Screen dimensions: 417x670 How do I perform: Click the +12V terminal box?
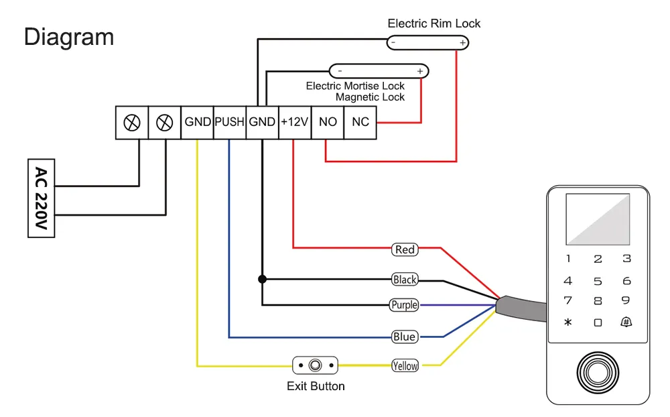295,123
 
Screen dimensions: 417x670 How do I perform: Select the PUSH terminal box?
230,123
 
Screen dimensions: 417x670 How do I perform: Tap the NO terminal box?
328,123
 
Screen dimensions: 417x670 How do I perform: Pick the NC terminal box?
360,123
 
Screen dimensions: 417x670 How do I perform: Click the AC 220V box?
41,198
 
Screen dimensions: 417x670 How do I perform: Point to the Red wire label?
405,249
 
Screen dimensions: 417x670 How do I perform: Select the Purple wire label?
405,305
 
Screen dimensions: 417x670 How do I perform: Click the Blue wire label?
405,337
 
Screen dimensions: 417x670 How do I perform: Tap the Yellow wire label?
405,365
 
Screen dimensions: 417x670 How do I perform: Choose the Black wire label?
405,280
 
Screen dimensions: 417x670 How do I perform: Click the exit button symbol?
315,365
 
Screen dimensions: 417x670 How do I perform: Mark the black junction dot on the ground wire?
262,278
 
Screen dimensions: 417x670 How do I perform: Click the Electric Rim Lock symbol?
427,43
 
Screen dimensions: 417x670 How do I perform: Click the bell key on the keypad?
626,322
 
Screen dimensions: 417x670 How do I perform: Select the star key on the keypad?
568,322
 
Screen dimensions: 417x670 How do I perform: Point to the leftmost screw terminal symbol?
132,123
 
